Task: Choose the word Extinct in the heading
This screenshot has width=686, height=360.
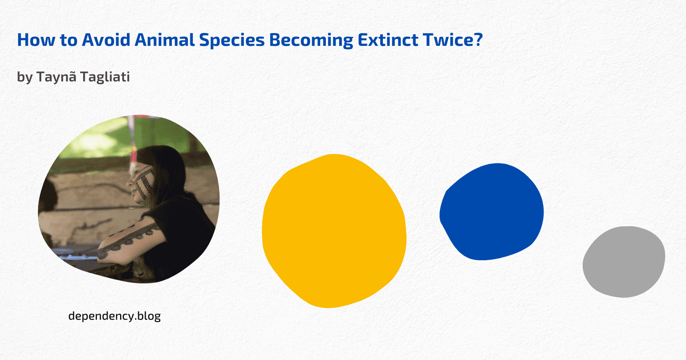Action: click(388, 40)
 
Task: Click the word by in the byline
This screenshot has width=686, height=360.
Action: click(25, 77)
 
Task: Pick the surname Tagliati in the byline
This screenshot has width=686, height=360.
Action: click(105, 77)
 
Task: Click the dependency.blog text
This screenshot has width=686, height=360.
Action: click(114, 316)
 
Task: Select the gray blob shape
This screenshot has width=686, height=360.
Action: click(624, 262)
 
